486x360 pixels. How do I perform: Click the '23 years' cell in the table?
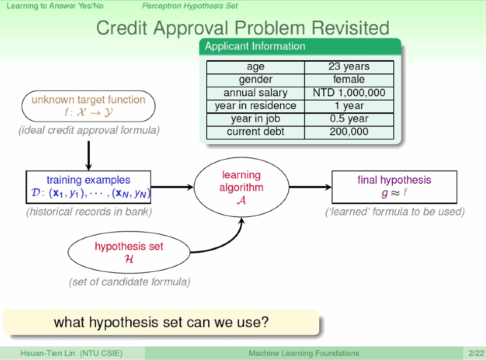pyautogui.click(x=349, y=67)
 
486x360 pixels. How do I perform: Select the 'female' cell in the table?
pyautogui.click(x=349, y=79)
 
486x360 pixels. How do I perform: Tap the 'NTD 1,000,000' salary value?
pyautogui.click(x=349, y=93)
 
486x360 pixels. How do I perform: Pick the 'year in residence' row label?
pyautogui.click(x=255, y=106)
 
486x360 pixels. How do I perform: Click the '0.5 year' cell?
pyautogui.click(x=349, y=119)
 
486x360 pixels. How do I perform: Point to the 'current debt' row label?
pyautogui.click(x=255, y=132)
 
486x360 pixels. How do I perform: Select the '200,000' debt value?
pyautogui.click(x=349, y=132)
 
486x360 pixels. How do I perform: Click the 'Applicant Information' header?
pyautogui.click(x=255, y=47)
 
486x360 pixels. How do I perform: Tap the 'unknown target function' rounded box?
pyautogui.click(x=88, y=106)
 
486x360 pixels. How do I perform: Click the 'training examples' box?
pyautogui.click(x=88, y=187)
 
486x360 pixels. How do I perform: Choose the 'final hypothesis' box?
pyautogui.click(x=394, y=187)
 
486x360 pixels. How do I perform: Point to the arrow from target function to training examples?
pyautogui.click(x=89, y=155)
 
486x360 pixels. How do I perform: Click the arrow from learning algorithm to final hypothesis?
pyautogui.click(x=310, y=187)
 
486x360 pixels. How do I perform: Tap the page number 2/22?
pyautogui.click(x=476, y=353)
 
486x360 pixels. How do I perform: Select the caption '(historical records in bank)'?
pyautogui.click(x=89, y=212)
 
